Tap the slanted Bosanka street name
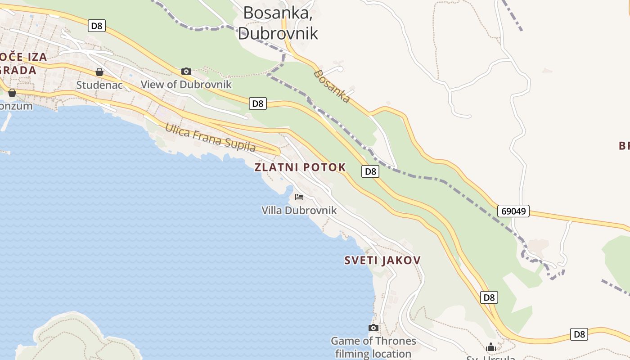click(x=332, y=86)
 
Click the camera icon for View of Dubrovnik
click(x=186, y=71)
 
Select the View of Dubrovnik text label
click(x=186, y=84)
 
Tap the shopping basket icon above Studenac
click(x=99, y=72)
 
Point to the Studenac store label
click(x=99, y=85)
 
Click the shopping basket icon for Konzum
click(x=12, y=92)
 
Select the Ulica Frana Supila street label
click(x=210, y=137)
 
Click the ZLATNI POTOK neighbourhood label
click(x=300, y=167)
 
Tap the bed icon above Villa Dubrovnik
click(x=299, y=197)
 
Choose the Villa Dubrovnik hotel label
click(x=299, y=210)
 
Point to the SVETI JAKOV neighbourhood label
click(x=382, y=260)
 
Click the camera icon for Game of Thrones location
click(x=373, y=328)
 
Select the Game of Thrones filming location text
click(x=373, y=347)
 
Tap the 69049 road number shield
click(x=513, y=211)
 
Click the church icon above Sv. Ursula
click(x=491, y=347)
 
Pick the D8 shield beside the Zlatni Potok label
click(x=370, y=171)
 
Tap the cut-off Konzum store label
click(x=17, y=106)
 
